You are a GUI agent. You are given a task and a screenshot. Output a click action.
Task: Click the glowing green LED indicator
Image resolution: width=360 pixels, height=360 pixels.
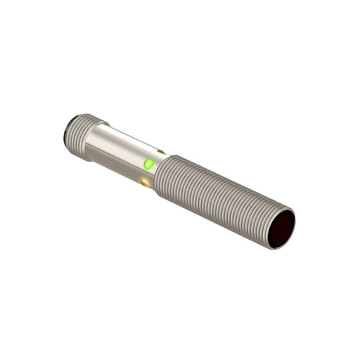(148, 164)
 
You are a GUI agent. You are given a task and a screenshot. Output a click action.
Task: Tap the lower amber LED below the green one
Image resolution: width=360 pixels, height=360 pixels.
(146, 182)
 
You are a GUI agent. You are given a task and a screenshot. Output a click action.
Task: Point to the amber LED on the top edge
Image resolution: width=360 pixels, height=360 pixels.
(161, 151)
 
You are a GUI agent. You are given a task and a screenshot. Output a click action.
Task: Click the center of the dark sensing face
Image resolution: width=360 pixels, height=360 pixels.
(280, 229)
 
